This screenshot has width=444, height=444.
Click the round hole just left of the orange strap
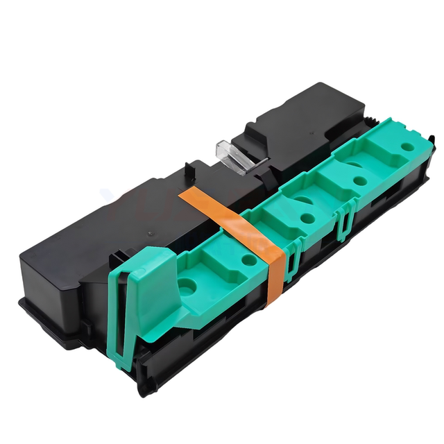248,259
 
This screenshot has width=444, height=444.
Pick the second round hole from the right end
359,180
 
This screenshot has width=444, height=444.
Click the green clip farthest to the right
344,221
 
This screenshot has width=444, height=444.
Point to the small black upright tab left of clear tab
189,170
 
